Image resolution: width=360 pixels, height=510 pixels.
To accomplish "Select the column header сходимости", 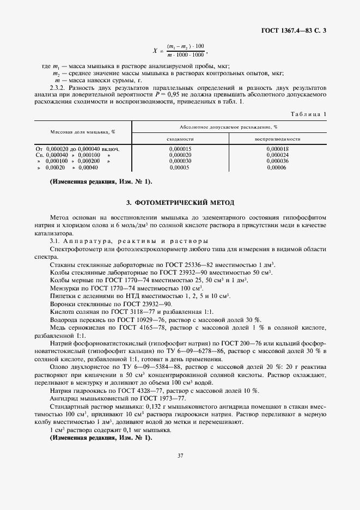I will click(180, 139).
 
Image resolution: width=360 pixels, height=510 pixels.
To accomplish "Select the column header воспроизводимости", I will click(278, 139).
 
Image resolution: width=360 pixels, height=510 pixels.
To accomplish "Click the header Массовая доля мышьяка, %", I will click(83, 132).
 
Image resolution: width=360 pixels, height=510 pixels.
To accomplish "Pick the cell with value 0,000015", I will click(180, 149).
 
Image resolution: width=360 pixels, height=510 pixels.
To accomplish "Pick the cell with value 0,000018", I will click(278, 149).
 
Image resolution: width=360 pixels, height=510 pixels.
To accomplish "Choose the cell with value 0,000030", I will click(180, 161).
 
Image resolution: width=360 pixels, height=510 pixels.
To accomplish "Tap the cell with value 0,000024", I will click(278, 155).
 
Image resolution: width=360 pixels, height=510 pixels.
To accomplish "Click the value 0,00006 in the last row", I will click(278, 168).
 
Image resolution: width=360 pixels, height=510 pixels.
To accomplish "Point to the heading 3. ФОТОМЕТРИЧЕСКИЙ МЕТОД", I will click(180, 203).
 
